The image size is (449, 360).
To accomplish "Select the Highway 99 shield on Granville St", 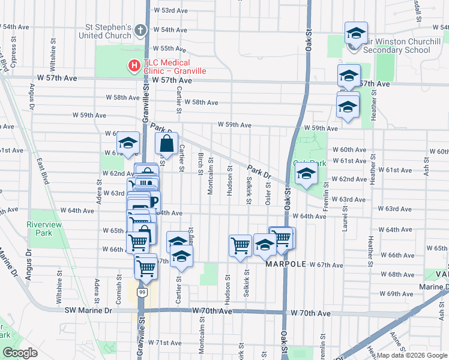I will point(142,292).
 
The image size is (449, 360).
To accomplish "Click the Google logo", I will point(20,353).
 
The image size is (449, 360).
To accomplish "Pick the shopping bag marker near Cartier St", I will point(167,144).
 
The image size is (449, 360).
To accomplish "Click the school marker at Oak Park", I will point(306,175).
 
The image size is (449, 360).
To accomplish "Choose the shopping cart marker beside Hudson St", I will point(240,245).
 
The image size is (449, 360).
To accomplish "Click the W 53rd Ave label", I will point(171,11).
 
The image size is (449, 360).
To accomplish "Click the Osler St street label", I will point(268,193).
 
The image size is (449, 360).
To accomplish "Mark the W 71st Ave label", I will point(164,343).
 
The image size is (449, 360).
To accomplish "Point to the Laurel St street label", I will point(345,220).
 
